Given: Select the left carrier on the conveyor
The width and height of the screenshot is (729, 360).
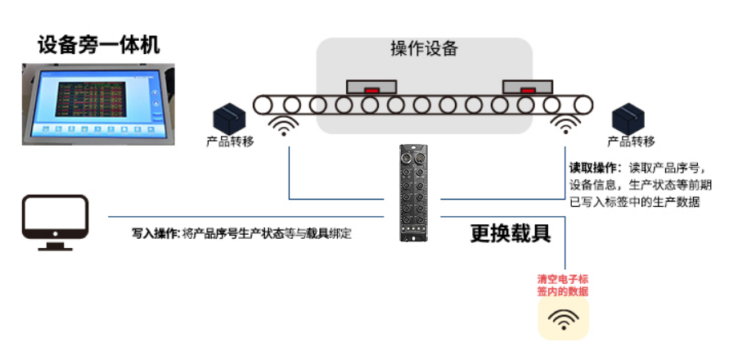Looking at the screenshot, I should (x=371, y=86).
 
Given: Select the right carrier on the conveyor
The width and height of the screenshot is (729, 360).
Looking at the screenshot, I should (x=528, y=86).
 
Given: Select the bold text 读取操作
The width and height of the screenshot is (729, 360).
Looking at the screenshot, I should (x=596, y=167).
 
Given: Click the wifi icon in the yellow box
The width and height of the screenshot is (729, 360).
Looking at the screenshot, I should (x=563, y=319).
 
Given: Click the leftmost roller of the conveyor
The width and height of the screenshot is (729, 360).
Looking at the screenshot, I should (x=262, y=105).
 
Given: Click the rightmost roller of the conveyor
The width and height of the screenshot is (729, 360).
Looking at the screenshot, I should (x=583, y=105).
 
